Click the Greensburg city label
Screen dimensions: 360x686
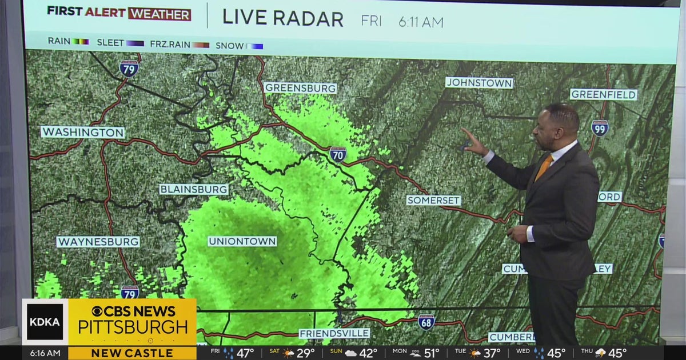tap(300, 88)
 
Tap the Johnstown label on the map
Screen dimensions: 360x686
tap(479, 83)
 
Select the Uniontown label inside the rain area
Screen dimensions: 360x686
tap(242, 241)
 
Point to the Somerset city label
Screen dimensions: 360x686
tap(433, 201)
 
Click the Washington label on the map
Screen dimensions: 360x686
tap(83, 132)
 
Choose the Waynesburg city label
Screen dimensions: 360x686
tap(98, 242)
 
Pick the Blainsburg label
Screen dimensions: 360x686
tap(194, 189)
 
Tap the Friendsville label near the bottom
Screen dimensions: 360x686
tap(334, 333)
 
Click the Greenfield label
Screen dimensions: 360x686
tap(603, 94)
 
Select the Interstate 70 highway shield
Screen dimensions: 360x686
tap(338, 154)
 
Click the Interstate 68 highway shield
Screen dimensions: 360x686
tap(426, 322)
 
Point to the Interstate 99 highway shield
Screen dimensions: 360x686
tap(600, 128)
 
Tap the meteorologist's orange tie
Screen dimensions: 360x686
tap(544, 167)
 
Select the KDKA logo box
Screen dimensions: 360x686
tap(45, 322)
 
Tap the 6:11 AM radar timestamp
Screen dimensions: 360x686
tap(421, 22)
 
